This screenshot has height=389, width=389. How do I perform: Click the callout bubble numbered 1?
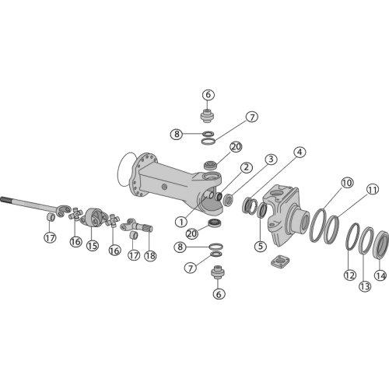point(181,222)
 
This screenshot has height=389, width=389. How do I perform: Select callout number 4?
point(300,152)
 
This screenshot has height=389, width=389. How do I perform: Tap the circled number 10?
point(347,183)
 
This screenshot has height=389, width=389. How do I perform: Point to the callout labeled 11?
point(373,190)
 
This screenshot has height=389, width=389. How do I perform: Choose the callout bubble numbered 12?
point(350,275)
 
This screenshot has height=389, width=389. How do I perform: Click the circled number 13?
point(365,286)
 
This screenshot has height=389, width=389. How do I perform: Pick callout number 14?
point(380,275)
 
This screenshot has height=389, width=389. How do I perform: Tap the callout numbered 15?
point(93,245)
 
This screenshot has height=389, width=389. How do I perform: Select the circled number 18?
point(150,256)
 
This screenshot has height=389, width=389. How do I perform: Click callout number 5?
point(261,245)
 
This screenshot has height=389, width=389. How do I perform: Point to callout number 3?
point(271,159)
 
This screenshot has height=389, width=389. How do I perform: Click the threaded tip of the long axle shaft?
point(3,200)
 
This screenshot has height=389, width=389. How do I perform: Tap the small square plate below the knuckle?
point(280,261)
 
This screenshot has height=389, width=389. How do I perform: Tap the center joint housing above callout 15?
point(92,217)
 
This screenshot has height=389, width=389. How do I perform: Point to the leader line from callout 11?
point(352,205)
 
